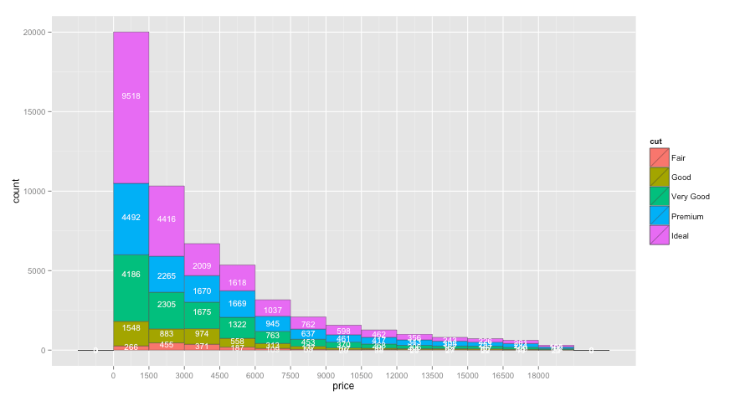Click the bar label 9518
[131, 96]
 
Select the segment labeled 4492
[131, 218]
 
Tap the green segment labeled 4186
[131, 275]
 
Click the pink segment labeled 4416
[167, 219]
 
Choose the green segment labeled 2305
[167, 305]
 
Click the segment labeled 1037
[273, 311]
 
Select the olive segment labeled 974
[202, 334]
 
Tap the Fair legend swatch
[660, 157]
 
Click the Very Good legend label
[691, 197]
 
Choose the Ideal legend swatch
[660, 235]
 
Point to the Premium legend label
[687, 216]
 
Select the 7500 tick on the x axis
[290, 376]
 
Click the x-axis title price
[343, 387]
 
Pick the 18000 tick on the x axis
[538, 376]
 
